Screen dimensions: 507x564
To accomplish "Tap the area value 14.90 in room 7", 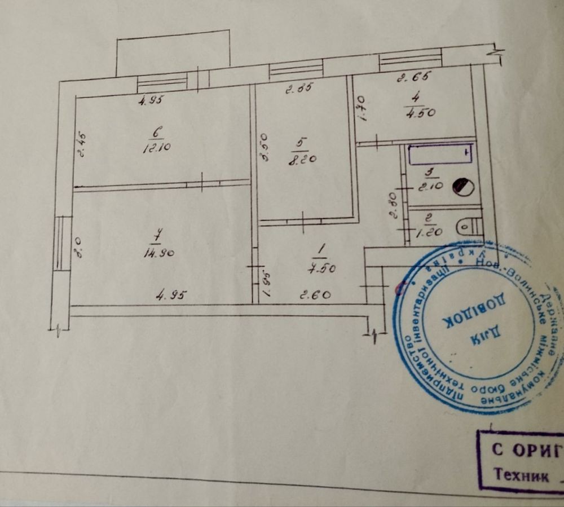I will pos(158,253).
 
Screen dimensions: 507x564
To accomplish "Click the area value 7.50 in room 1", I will pos(321,268).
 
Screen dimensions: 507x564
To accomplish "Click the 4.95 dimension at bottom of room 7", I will pos(170,294).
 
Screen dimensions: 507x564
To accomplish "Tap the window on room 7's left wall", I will pos(61,244).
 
